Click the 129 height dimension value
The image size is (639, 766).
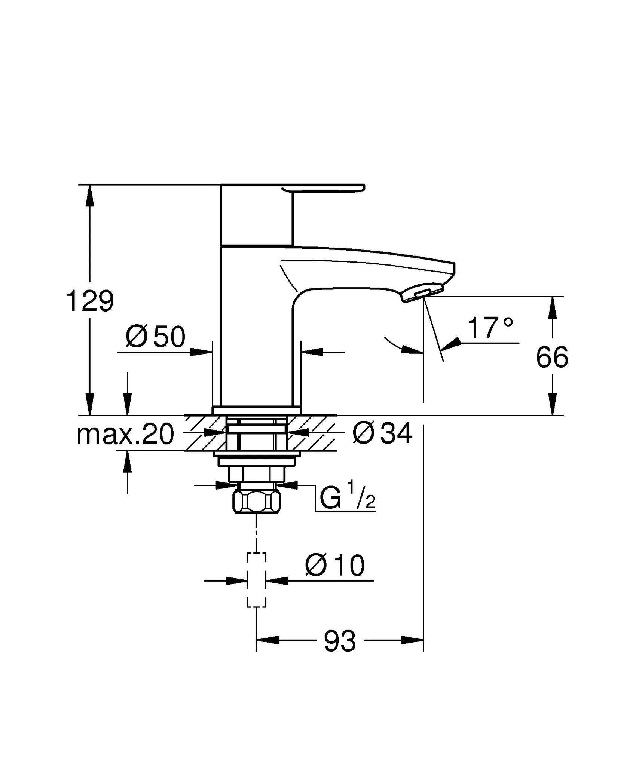(90, 301)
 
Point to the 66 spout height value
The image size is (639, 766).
(552, 358)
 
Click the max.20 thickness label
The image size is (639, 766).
(125, 434)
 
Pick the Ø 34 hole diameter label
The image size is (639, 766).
(382, 434)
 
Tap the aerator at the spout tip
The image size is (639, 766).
(422, 293)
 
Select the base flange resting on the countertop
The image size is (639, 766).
(257, 411)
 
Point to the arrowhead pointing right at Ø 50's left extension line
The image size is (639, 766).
(202, 352)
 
